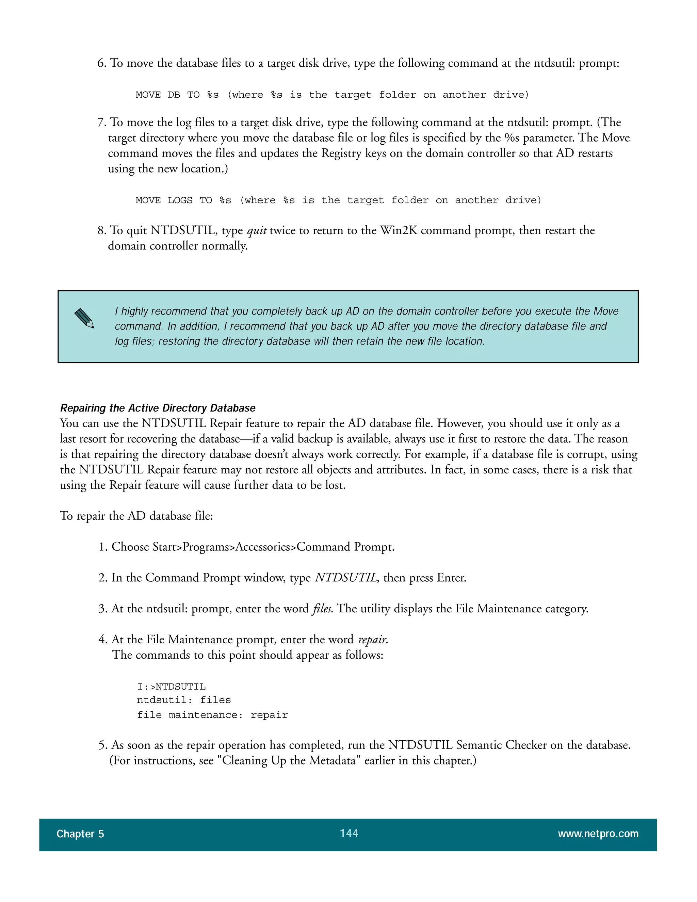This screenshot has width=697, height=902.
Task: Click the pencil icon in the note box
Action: coord(84,319)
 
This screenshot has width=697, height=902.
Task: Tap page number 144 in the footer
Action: coord(349,833)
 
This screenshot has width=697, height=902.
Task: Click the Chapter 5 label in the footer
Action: coord(80,834)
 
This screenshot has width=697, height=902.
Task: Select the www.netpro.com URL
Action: coord(598,834)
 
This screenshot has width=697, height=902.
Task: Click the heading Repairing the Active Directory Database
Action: coord(158,408)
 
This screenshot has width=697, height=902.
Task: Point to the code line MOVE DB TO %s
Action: coord(331,95)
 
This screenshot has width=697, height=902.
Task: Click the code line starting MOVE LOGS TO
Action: coord(338,200)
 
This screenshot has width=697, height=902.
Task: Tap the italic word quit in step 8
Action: coord(257,230)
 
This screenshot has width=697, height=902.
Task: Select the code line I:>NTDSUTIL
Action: coord(172,687)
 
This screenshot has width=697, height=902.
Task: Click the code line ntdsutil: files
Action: coord(184,700)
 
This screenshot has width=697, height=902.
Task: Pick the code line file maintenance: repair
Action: coord(212,715)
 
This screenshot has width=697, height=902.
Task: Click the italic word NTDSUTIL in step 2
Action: coord(346,577)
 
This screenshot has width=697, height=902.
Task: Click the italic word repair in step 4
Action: coord(372,640)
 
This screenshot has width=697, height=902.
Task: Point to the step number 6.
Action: coord(101,63)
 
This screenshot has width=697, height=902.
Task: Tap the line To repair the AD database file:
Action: coord(136,516)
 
